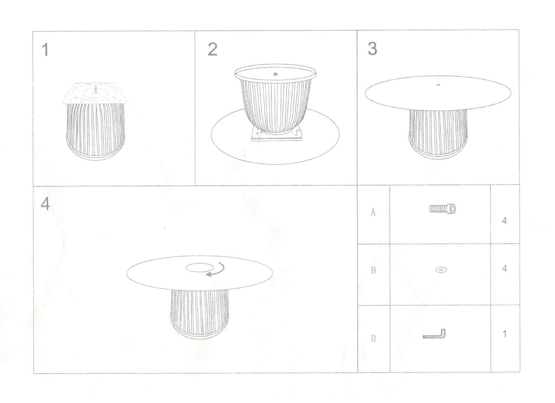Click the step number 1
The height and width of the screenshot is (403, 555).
(x=45, y=50)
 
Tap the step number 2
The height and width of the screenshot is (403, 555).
(x=212, y=49)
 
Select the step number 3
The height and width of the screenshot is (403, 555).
(x=372, y=48)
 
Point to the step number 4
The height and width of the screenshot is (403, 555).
(x=46, y=204)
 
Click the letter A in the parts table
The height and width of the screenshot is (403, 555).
(x=373, y=212)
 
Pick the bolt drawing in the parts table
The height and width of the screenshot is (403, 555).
(x=443, y=209)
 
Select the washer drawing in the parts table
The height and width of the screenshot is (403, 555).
(x=441, y=269)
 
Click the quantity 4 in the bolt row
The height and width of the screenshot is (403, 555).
(x=504, y=221)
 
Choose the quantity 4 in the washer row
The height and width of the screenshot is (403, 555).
(x=504, y=268)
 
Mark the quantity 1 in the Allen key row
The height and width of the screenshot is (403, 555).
(x=504, y=334)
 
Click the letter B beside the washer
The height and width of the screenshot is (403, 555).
(x=373, y=271)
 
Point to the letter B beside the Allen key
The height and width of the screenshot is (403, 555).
(x=373, y=338)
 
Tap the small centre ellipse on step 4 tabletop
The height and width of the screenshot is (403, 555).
(x=200, y=268)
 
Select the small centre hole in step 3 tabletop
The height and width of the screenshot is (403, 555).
(x=438, y=85)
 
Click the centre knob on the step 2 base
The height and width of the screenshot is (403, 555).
(x=275, y=74)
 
